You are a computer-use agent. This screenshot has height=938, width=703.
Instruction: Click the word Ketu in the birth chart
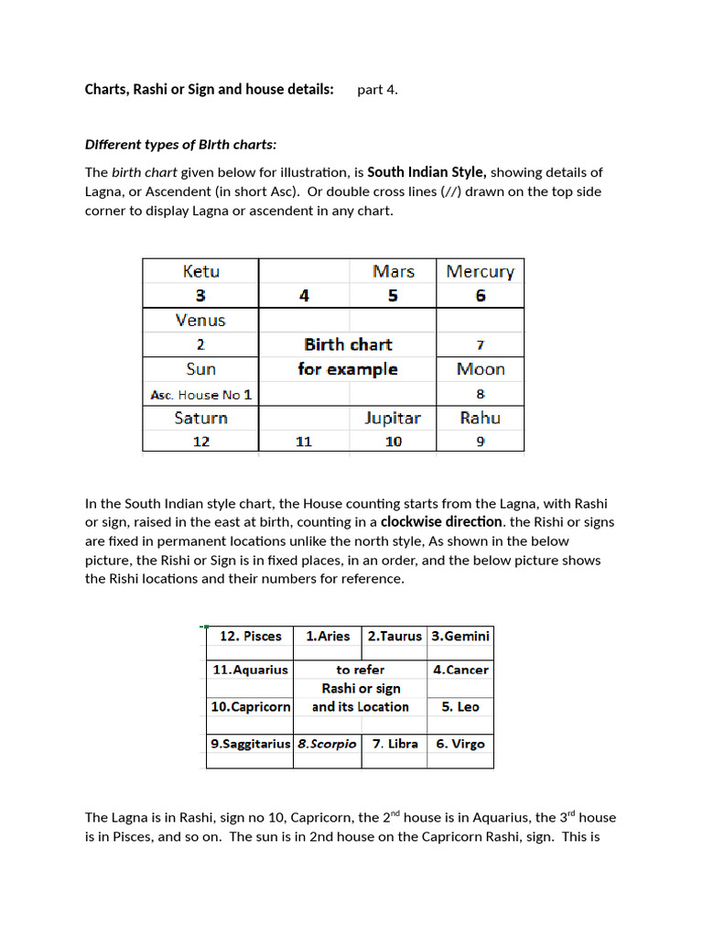tap(200, 271)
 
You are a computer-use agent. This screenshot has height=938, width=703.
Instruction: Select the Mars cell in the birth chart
tap(393, 271)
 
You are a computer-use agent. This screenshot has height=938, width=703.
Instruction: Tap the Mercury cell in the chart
tap(480, 271)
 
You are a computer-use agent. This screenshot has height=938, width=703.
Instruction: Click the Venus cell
tap(200, 320)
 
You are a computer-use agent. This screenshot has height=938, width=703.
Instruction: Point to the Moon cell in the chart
tap(480, 369)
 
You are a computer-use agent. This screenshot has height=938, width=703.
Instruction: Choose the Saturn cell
tap(200, 418)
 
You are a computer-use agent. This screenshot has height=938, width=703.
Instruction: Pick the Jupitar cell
tap(393, 418)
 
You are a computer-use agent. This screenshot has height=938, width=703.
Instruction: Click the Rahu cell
tap(480, 418)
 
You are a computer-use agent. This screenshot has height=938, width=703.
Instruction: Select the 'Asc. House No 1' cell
tap(200, 395)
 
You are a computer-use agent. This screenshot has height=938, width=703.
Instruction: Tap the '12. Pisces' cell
tap(250, 636)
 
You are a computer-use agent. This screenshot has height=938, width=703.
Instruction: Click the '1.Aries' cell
tap(328, 636)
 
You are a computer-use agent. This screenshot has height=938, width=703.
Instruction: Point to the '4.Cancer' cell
tap(460, 670)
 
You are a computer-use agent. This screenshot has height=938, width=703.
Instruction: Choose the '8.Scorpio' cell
tap(327, 744)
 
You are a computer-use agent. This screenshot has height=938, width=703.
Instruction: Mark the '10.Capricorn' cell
tap(250, 707)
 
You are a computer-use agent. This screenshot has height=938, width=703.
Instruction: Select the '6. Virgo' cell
tap(460, 744)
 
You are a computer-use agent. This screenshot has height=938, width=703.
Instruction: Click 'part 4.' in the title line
tap(377, 90)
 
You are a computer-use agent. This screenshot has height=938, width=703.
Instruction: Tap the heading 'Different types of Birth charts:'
tap(180, 145)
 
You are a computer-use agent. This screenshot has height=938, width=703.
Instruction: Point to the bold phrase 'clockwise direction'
tap(441, 522)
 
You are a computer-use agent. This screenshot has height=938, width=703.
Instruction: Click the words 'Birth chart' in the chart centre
tap(348, 344)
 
